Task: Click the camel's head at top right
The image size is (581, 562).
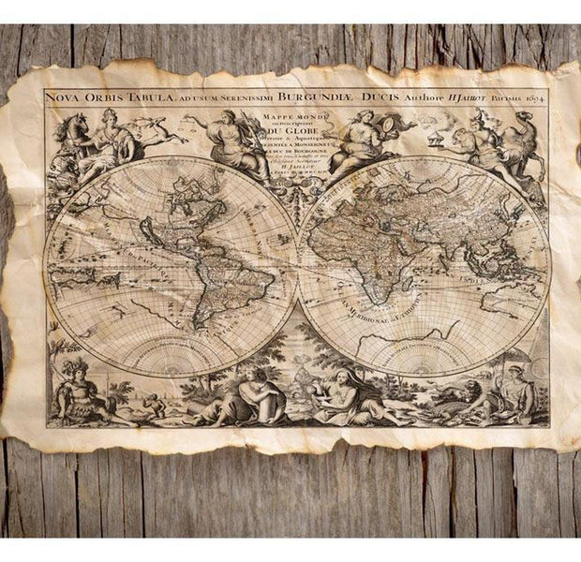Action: tap(521, 117)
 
